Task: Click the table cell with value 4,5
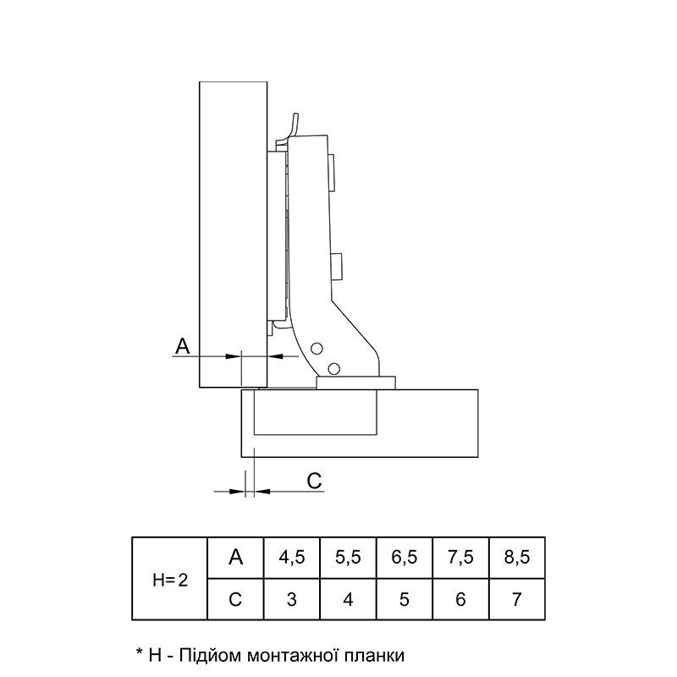(x=292, y=558)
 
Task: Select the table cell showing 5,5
(x=348, y=558)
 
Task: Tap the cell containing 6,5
(x=405, y=558)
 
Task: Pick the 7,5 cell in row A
(x=460, y=558)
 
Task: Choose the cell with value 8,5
(x=517, y=558)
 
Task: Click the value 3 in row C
(x=292, y=599)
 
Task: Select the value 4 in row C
(x=348, y=599)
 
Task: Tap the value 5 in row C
(x=405, y=599)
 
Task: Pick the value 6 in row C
(x=460, y=599)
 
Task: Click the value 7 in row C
(x=517, y=599)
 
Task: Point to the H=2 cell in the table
(x=170, y=579)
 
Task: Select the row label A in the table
(x=236, y=557)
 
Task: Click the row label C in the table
(x=235, y=599)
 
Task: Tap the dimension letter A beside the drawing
(x=183, y=346)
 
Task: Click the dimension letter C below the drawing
(x=314, y=481)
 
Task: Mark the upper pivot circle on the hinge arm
(x=317, y=349)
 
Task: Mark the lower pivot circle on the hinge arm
(x=333, y=369)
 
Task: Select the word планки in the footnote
(x=375, y=655)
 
